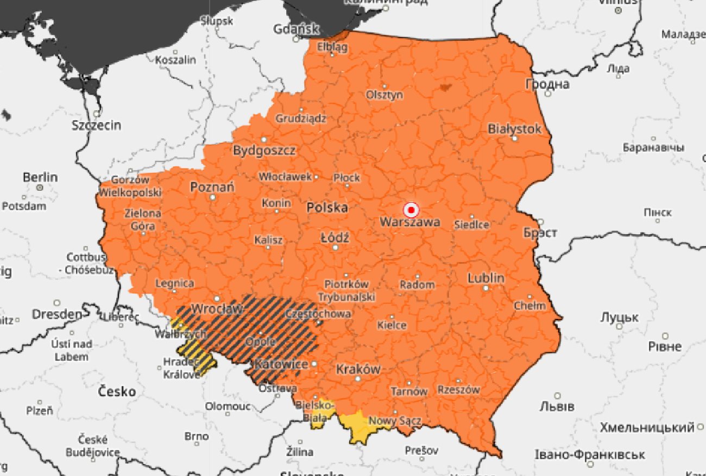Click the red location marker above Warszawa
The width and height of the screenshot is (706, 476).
[x=411, y=210]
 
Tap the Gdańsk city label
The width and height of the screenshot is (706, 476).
[x=297, y=29]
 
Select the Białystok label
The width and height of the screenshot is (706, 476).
[x=514, y=129]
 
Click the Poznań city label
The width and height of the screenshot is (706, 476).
[x=212, y=187]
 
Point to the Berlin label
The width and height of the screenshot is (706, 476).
[x=40, y=177]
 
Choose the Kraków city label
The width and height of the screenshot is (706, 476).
[x=358, y=369]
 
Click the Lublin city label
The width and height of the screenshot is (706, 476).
[x=486, y=278]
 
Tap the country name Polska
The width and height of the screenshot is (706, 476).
[x=327, y=208]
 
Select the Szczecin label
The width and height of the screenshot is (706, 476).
[x=97, y=126]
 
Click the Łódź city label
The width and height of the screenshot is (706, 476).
[x=335, y=238]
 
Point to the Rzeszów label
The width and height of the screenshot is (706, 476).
[x=459, y=390]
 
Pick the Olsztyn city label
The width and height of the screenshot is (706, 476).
[x=384, y=95]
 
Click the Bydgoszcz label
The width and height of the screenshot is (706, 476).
[x=264, y=151]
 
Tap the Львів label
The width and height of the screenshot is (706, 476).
[x=557, y=406]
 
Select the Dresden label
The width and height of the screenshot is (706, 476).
[x=57, y=314]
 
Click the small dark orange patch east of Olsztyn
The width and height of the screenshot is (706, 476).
[x=445, y=86]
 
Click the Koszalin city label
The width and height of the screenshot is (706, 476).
[x=175, y=60]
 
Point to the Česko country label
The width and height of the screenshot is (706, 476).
[x=117, y=391]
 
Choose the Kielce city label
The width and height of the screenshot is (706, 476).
[x=392, y=325]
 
